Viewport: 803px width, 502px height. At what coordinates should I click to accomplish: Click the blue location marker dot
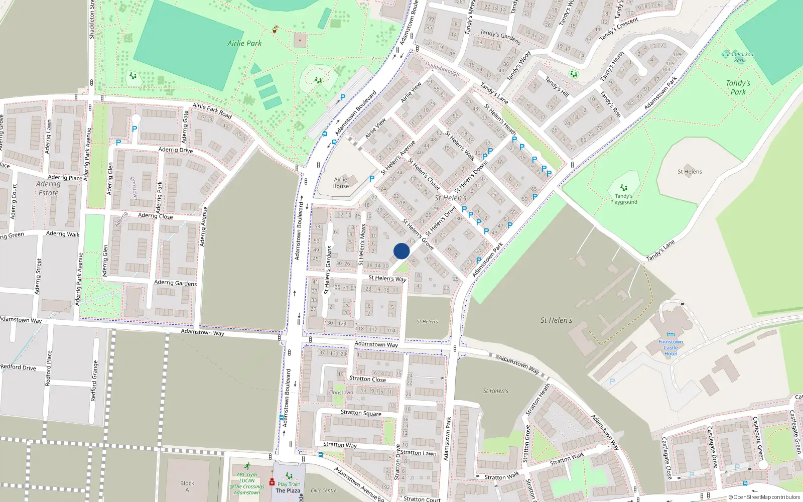[x=401, y=251]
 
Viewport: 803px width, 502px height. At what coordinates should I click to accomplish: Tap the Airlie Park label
[x=244, y=43]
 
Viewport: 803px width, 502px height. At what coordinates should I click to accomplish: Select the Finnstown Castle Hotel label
[x=671, y=347]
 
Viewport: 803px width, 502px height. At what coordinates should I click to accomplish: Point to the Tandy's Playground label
[x=624, y=199]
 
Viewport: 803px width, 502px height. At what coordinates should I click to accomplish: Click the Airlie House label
[x=340, y=183]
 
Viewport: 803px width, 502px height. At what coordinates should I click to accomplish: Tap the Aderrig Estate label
[x=48, y=188]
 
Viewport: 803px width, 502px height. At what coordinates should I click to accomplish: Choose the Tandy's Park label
[x=738, y=87]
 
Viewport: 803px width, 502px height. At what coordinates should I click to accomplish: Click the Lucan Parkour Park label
[x=739, y=57]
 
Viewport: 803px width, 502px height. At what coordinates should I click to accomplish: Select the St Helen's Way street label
[x=387, y=278]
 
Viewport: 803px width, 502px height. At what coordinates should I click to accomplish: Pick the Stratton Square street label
[x=361, y=413]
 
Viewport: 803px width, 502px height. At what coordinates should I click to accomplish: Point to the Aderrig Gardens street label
[x=175, y=283]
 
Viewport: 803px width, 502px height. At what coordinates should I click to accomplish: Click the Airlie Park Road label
[x=212, y=110]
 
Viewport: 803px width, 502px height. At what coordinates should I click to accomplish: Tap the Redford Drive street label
[x=18, y=367]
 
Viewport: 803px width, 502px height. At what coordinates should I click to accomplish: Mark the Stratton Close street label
[x=367, y=379]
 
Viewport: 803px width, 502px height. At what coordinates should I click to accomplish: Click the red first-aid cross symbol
[x=272, y=482]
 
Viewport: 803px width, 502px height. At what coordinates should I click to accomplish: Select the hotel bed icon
[x=671, y=335]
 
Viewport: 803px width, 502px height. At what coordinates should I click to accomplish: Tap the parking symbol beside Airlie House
[x=372, y=178]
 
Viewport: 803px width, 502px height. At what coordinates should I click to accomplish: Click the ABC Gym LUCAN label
[x=247, y=477]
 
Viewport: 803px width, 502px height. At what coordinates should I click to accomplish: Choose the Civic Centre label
[x=324, y=490]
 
